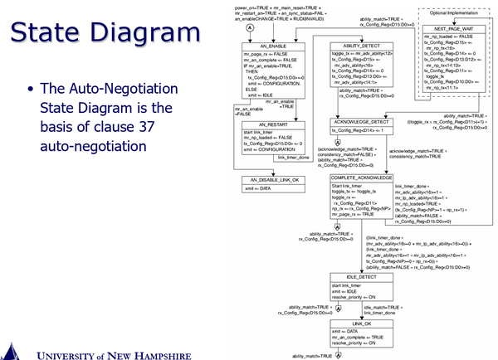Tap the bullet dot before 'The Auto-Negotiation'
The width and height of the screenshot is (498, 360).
[x=32, y=90]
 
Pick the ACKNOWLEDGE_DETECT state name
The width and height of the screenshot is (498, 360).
[x=362, y=122]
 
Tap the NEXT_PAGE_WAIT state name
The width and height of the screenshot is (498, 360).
[x=452, y=27]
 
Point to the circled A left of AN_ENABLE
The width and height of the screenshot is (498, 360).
[x=227, y=27]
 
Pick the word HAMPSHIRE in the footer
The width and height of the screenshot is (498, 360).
[x=170, y=349]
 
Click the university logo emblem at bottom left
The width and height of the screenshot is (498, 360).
[x=10, y=348]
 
